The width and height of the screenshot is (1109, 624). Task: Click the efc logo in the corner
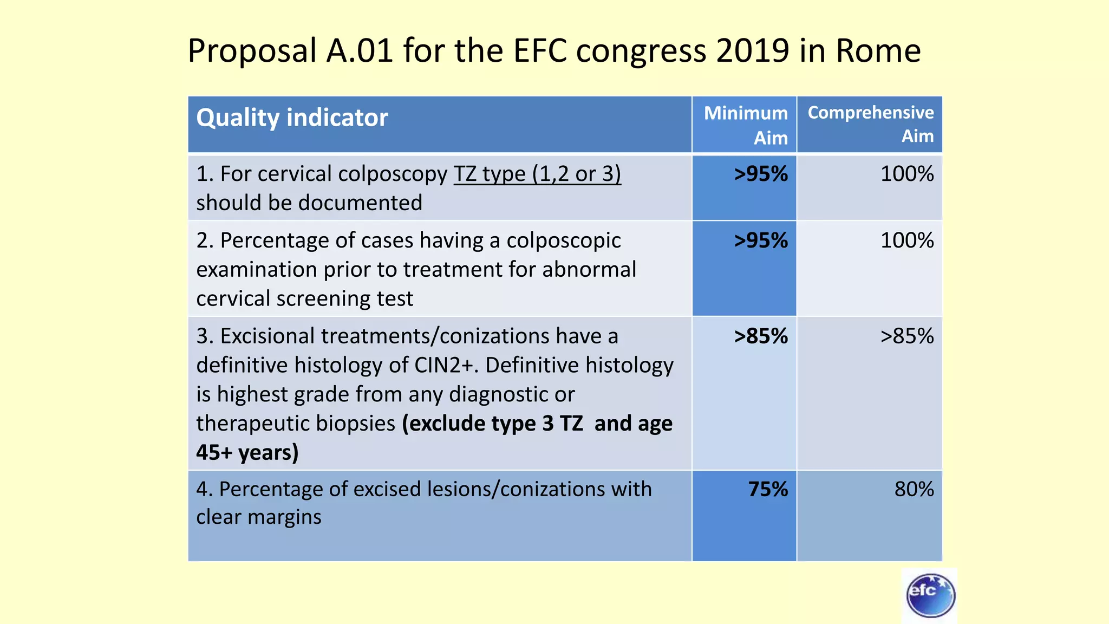(930, 595)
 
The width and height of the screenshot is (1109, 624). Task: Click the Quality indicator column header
(292, 118)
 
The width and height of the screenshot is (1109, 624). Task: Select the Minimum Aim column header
(746, 125)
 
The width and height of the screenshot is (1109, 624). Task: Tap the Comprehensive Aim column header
(870, 124)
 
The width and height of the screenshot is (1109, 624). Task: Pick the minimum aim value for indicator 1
(760, 174)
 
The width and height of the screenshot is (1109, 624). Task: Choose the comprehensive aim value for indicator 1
(907, 174)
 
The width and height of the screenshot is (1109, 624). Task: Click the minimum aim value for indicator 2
(760, 241)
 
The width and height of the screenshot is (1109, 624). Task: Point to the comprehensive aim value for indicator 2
(907, 241)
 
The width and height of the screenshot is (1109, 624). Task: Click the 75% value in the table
(768, 490)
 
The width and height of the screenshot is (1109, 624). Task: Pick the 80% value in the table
(914, 490)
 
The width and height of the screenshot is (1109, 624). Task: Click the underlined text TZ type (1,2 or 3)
(537, 174)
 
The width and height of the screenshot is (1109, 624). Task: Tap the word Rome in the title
(878, 51)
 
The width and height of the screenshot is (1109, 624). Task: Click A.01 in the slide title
(360, 51)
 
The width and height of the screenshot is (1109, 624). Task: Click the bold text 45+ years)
(247, 453)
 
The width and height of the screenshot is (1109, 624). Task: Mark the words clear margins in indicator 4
(259, 517)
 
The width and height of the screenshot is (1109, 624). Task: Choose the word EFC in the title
(540, 51)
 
